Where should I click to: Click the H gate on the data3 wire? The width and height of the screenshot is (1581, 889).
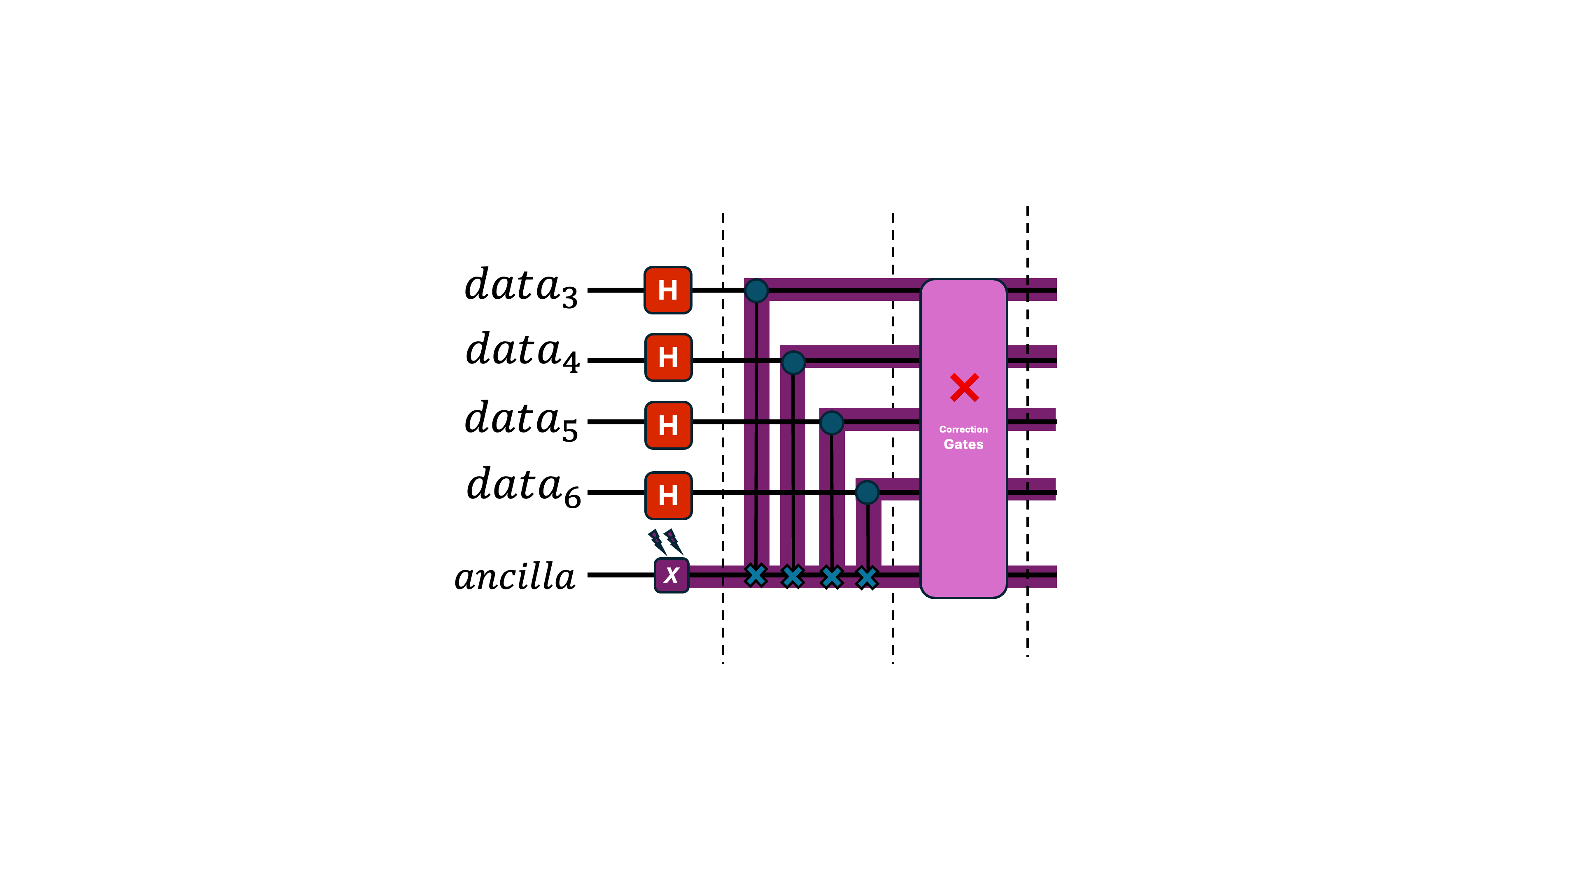[668, 290]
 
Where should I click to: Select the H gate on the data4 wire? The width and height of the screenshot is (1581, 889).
[668, 358]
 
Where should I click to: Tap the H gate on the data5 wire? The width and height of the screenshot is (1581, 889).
[668, 425]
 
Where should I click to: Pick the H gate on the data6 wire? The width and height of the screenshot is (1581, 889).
[668, 495]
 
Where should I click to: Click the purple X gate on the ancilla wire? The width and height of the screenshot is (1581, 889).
[672, 575]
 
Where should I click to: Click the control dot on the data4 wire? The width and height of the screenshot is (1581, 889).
[793, 363]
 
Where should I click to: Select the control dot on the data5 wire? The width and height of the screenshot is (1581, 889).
[832, 423]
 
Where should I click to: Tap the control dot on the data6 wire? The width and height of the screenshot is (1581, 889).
[867, 492]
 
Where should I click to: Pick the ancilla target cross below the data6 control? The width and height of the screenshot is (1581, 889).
[867, 577]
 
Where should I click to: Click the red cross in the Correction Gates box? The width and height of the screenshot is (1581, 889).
[964, 387]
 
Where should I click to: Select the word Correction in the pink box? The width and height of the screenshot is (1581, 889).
[963, 429]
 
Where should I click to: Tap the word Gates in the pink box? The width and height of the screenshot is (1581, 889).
[963, 444]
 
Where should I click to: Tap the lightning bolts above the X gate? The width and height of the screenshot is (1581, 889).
[665, 542]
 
